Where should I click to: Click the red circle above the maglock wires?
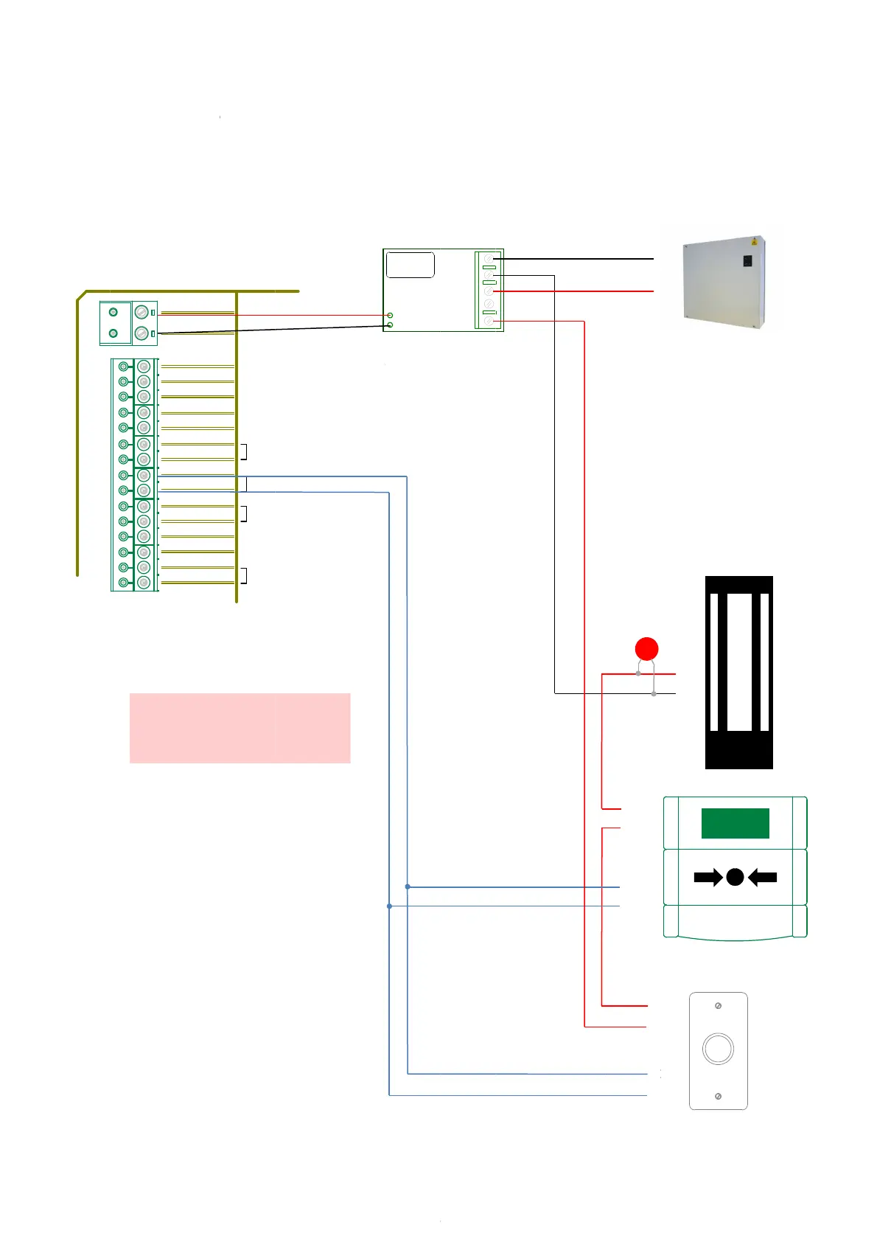[646, 649]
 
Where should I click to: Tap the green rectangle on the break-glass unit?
[735, 823]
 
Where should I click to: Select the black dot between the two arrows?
[735, 877]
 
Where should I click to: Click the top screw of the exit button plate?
[719, 1006]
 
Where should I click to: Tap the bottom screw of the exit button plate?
[719, 1096]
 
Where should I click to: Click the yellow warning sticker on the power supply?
[754, 242]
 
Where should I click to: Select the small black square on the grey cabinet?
[747, 261]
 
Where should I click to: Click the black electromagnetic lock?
[738, 672]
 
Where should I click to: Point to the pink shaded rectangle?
[240, 728]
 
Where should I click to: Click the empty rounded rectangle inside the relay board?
[410, 265]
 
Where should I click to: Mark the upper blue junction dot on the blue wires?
[408, 887]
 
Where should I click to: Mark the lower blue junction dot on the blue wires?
[389, 906]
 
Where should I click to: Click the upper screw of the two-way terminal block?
[141, 312]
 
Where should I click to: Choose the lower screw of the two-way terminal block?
[141, 333]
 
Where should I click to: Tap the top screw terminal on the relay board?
[489, 259]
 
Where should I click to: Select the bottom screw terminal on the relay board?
[489, 322]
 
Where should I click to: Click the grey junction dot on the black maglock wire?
[654, 694]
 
